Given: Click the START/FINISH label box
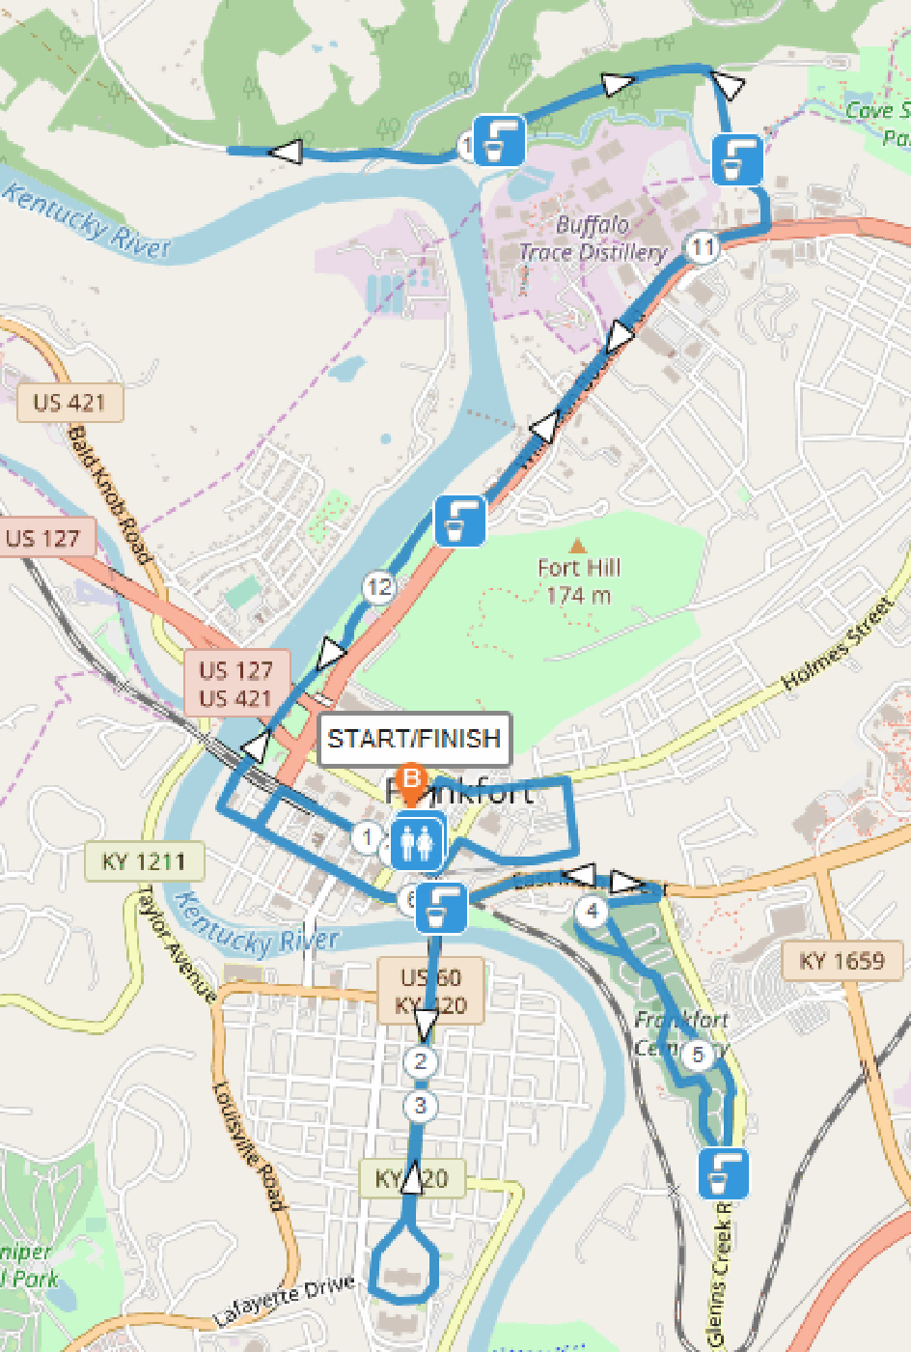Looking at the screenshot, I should [x=414, y=739].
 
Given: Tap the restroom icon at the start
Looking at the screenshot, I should [x=417, y=842].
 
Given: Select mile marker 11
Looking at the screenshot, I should [x=702, y=247].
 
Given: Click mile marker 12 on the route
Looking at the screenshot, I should [x=379, y=586].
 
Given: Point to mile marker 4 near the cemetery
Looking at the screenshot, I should [x=592, y=911].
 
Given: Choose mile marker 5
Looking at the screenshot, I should [x=698, y=1055].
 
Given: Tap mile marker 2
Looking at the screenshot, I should [x=420, y=1062].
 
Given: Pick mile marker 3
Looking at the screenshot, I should [x=420, y=1106].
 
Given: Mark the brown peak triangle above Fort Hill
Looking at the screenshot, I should [x=577, y=547].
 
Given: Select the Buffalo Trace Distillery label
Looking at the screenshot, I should [x=593, y=239].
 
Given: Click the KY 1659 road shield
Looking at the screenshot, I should [x=842, y=961].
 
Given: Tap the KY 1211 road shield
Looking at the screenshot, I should [x=144, y=860].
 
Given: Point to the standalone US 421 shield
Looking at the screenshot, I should [x=69, y=403].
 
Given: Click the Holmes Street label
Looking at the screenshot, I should [x=838, y=644].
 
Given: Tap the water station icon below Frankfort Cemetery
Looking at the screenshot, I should [x=723, y=1173].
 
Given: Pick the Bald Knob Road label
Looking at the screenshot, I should [x=109, y=495].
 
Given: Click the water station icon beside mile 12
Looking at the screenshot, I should [x=460, y=520].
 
